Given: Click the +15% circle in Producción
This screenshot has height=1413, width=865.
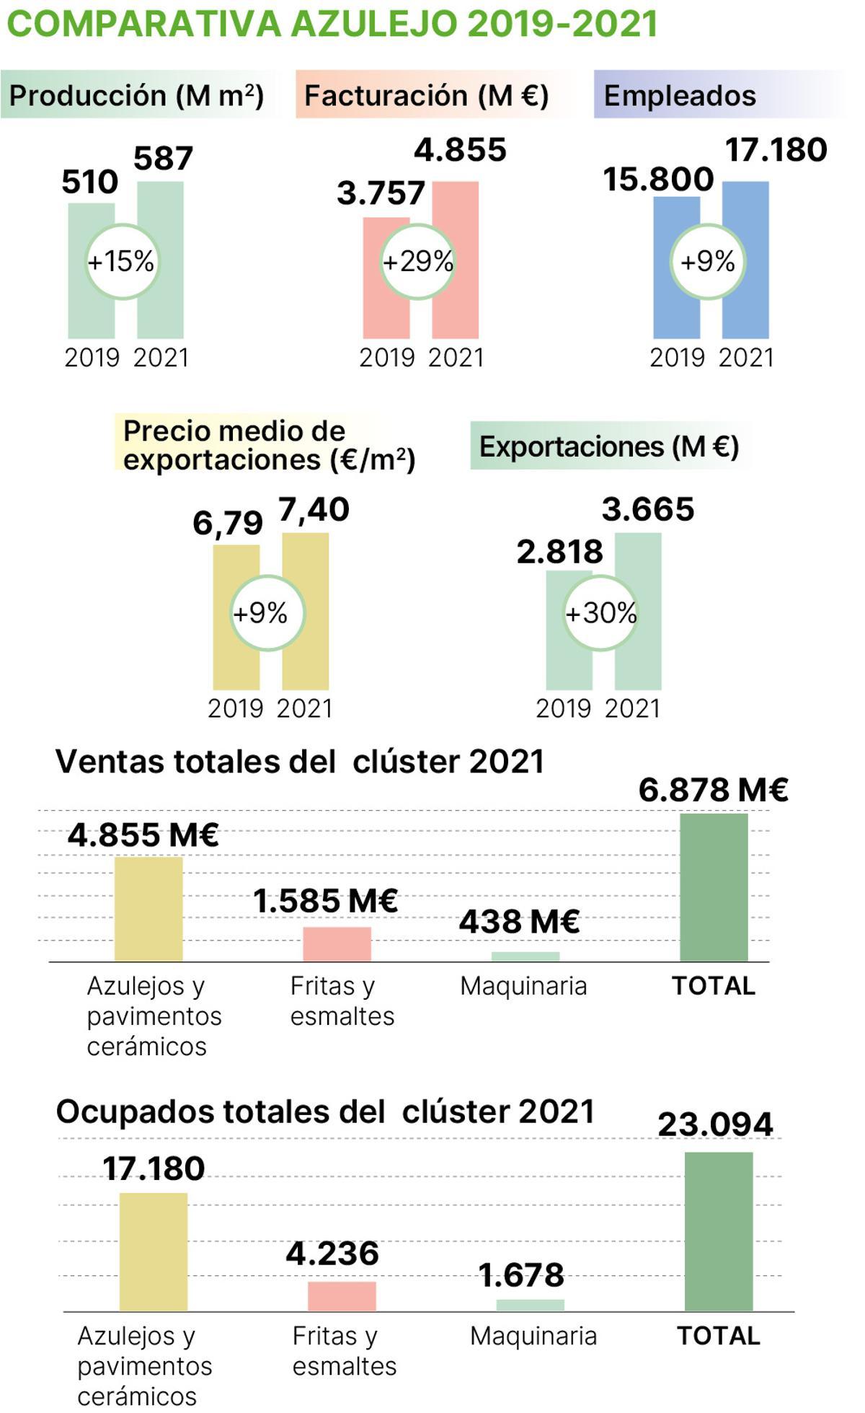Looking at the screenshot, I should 121,261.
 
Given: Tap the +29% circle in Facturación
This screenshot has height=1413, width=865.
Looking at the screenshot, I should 417,261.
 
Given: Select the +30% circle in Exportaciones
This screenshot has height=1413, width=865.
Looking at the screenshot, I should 600,613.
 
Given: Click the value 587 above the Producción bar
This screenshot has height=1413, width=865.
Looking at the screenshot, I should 163,159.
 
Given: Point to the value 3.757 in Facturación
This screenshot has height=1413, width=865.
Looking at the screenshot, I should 381,193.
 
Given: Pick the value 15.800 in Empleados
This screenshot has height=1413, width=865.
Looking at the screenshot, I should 657,179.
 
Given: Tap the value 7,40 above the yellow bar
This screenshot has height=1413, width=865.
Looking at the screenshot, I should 314,510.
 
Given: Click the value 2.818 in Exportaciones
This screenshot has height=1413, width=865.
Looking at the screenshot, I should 559,552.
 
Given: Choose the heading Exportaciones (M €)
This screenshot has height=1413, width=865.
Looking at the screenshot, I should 609,446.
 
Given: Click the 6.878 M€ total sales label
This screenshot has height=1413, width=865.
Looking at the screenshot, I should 713,790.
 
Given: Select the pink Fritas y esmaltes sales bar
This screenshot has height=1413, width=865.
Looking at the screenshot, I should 337,944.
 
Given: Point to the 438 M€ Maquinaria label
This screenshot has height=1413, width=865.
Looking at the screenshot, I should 519,921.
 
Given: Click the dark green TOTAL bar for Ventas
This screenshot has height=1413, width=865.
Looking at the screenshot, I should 714,887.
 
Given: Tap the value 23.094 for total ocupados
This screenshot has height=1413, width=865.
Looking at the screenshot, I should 715,1124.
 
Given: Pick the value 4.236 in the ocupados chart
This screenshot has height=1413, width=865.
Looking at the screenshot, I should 332,1254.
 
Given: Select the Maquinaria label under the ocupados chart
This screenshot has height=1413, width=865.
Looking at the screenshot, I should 533,1336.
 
